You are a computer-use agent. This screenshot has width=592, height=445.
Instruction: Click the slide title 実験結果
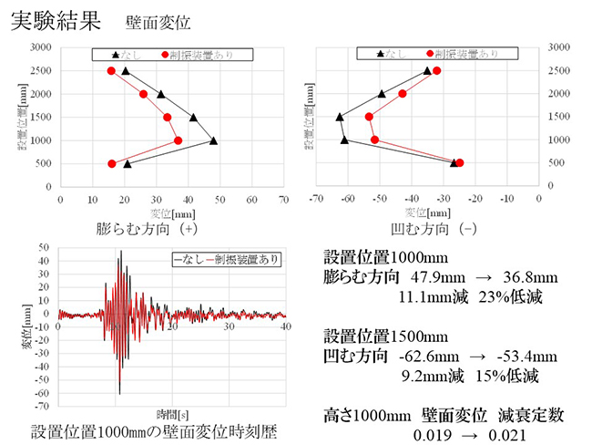(52, 20)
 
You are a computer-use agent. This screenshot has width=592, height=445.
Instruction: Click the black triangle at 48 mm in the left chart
(213, 140)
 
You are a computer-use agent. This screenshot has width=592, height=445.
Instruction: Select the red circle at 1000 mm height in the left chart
(178, 140)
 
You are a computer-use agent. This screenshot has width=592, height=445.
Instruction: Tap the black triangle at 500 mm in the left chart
(128, 163)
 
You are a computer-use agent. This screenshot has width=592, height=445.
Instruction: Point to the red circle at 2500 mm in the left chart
(111, 71)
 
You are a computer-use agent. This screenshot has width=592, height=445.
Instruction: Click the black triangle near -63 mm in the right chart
(340, 117)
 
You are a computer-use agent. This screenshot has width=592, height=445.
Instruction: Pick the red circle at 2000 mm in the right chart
(403, 94)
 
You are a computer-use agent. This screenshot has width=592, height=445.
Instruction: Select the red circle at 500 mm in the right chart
(459, 163)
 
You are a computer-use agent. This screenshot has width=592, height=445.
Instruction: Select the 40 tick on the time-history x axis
(285, 326)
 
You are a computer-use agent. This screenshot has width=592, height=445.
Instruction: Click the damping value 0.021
(506, 433)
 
